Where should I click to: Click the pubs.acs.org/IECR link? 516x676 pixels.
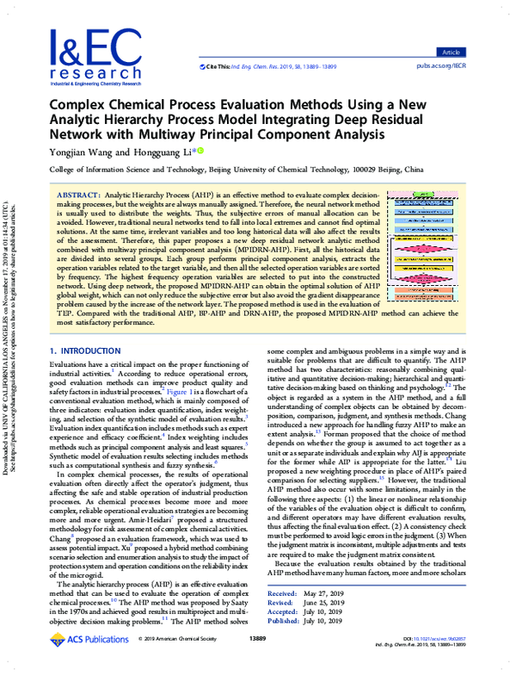tap(465, 65)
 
